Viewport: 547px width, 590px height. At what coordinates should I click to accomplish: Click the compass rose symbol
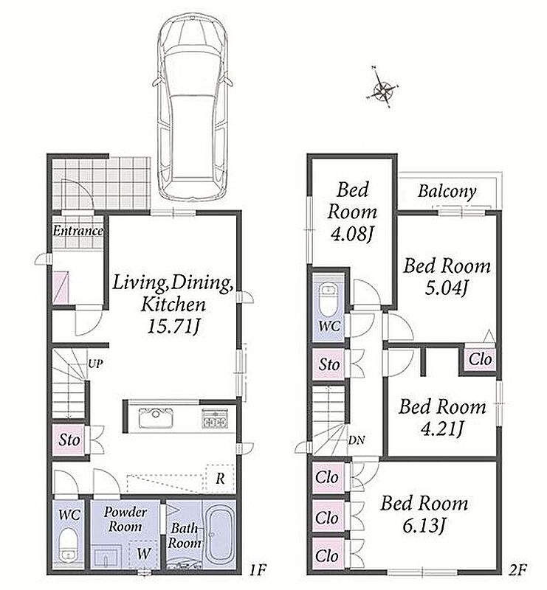coord(382,89)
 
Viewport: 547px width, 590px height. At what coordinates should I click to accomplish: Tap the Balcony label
coord(447,192)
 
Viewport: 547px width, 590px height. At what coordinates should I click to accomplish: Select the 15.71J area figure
coord(173,326)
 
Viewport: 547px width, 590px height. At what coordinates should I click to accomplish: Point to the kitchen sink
coord(156,417)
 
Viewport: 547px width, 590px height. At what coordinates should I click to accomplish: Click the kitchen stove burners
coord(215,418)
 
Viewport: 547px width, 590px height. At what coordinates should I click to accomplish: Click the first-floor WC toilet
coord(69,546)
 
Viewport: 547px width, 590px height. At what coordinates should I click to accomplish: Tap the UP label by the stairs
coord(95,364)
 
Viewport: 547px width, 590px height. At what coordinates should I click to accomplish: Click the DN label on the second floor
coord(356,440)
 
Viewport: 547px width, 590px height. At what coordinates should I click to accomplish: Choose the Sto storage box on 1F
coord(69,440)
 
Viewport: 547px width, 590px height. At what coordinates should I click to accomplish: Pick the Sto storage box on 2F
coord(329,364)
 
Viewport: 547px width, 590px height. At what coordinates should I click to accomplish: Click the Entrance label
coord(78,231)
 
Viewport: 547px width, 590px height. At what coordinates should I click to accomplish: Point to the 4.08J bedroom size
coord(351,235)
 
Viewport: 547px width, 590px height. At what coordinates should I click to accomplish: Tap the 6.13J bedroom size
coord(424,526)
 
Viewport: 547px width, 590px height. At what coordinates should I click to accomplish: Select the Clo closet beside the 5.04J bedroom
coord(480,359)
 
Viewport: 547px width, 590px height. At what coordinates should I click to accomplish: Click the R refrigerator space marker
coord(221,479)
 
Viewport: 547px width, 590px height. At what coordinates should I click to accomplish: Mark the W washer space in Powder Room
coord(143,553)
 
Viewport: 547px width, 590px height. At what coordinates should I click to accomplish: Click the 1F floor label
coord(258,570)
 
